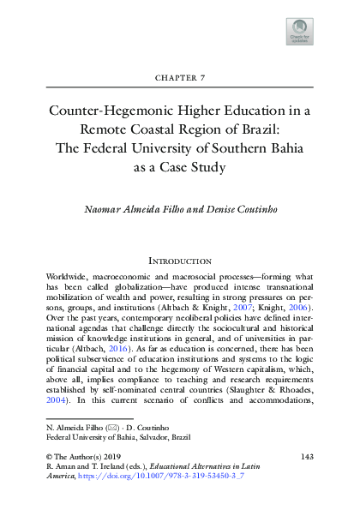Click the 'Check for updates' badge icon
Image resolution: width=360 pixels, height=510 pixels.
coord(298,32)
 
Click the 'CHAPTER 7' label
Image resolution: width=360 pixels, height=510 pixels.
coord(179,77)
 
